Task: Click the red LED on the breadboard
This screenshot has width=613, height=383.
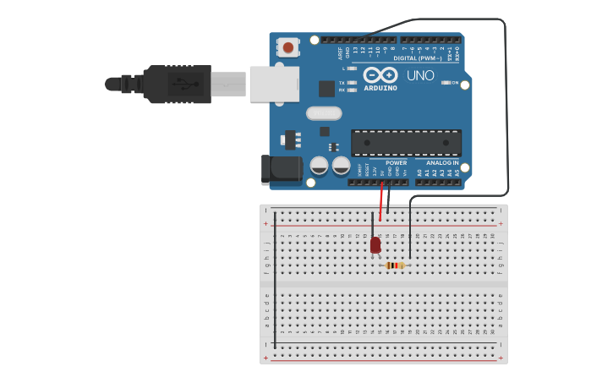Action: [375, 245]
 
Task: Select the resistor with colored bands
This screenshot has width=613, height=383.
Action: [395, 265]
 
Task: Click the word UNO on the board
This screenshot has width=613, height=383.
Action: [420, 75]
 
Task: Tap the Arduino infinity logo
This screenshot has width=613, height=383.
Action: [380, 75]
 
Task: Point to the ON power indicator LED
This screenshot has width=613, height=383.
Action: [446, 83]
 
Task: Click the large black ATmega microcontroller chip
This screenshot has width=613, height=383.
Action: [406, 143]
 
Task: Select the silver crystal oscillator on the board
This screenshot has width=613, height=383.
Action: [324, 113]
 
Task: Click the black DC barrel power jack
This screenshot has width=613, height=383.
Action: [282, 169]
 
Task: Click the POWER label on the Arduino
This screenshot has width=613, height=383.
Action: [396, 163]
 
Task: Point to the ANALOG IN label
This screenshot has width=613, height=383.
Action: [442, 163]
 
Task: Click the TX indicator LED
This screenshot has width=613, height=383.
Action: [352, 83]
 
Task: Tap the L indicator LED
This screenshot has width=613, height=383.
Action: [352, 68]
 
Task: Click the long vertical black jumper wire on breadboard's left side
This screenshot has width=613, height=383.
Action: [275, 279]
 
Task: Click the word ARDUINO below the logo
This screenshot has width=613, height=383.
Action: [380, 88]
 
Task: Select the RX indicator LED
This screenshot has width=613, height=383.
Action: [352, 90]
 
